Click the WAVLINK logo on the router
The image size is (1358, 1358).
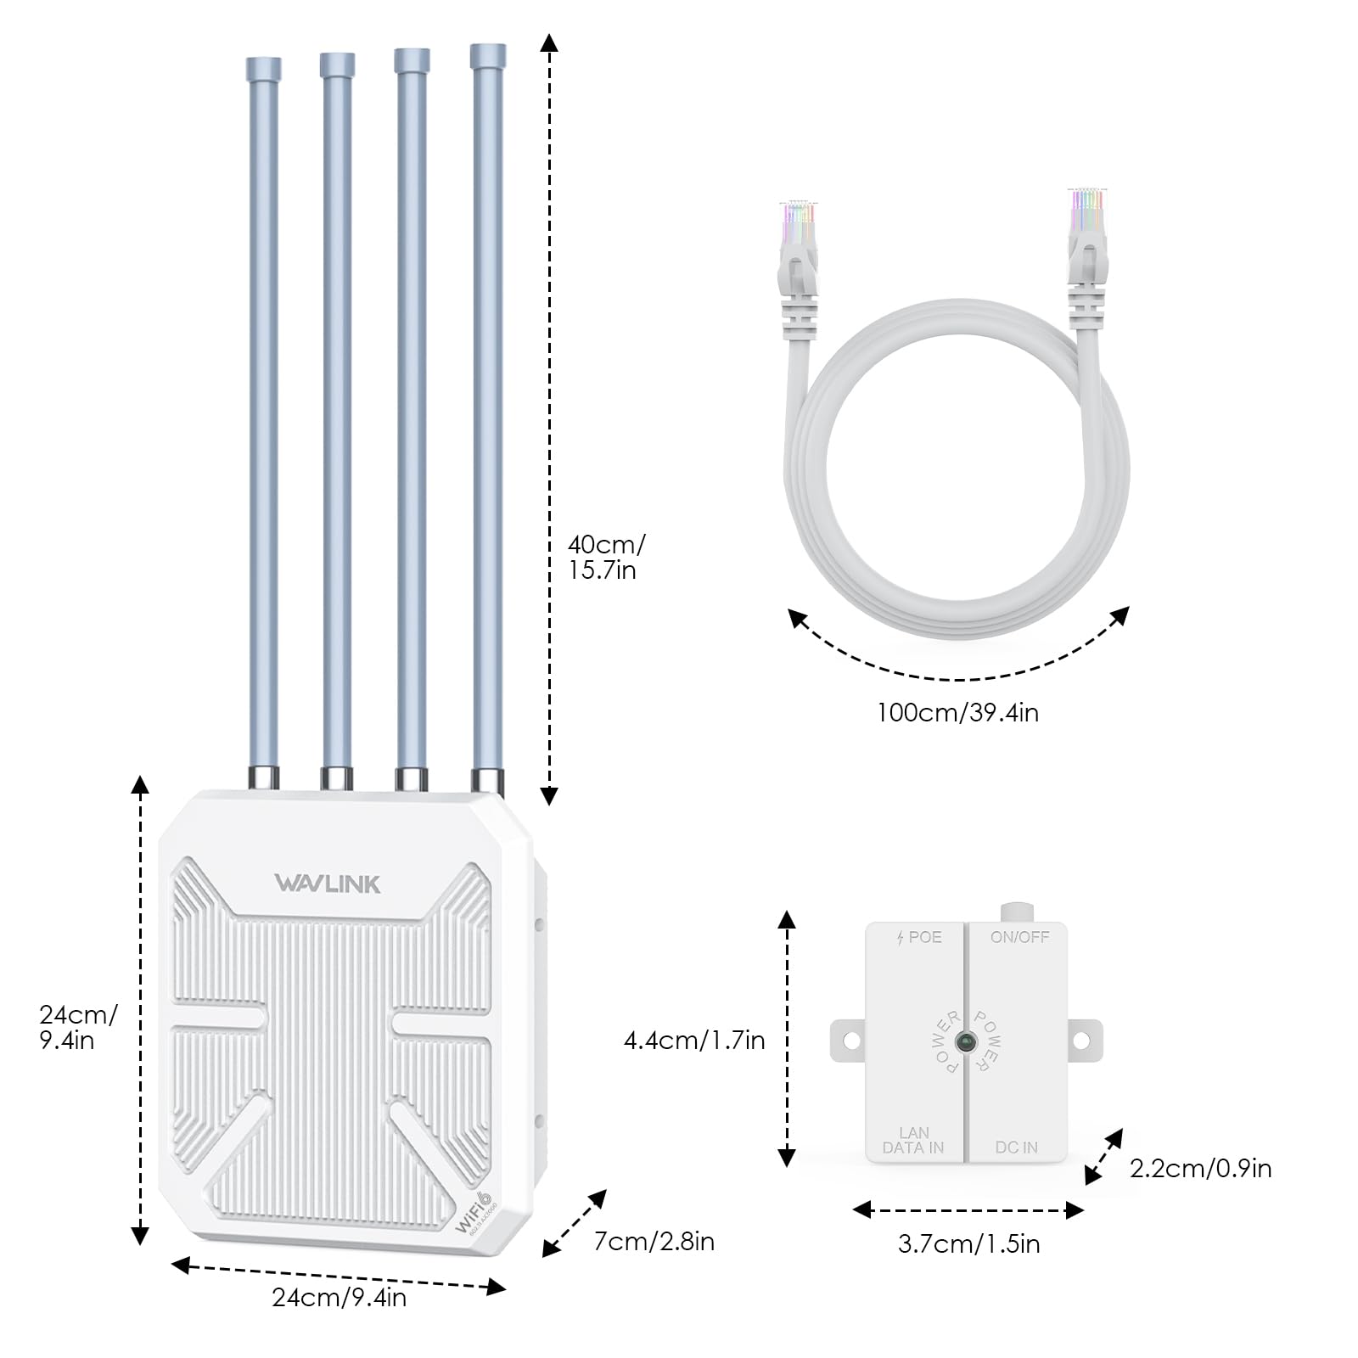pyautogui.click(x=328, y=884)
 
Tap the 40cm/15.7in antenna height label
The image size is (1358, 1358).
pyautogui.click(x=605, y=557)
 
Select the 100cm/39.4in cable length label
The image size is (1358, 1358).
pyautogui.click(x=957, y=713)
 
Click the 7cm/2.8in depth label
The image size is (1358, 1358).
pyautogui.click(x=654, y=1242)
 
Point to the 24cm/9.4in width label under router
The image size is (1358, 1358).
pyautogui.click(x=339, y=1298)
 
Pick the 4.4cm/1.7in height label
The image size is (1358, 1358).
pyautogui.click(x=694, y=1041)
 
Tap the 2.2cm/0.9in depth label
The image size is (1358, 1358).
pyautogui.click(x=1200, y=1169)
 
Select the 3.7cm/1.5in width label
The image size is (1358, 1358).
pyautogui.click(x=968, y=1244)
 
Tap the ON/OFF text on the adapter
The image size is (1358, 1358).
pyautogui.click(x=1019, y=937)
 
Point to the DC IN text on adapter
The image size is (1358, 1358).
pyautogui.click(x=1016, y=1148)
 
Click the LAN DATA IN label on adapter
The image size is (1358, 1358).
pyautogui.click(x=913, y=1140)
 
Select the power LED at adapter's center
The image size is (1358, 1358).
pyautogui.click(x=965, y=1041)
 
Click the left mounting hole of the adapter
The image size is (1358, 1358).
pyautogui.click(x=852, y=1041)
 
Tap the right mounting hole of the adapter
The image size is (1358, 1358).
pyautogui.click(x=1081, y=1041)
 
